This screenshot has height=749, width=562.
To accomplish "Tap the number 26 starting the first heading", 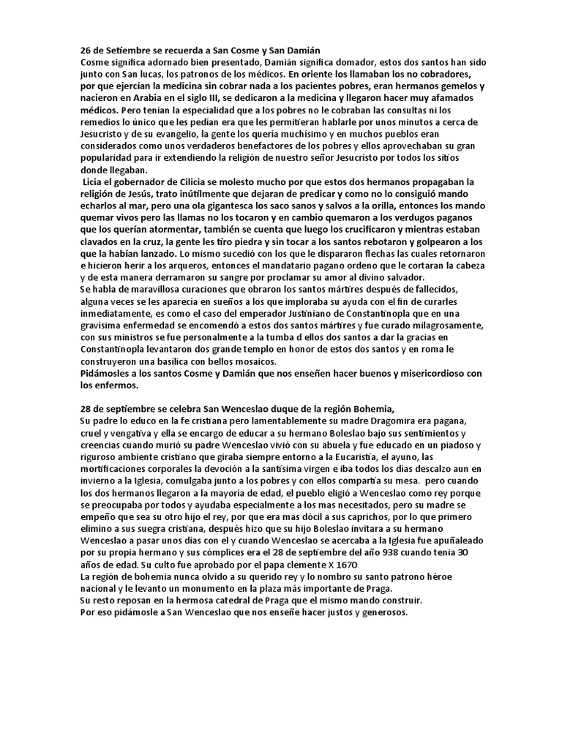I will (x=85, y=49).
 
